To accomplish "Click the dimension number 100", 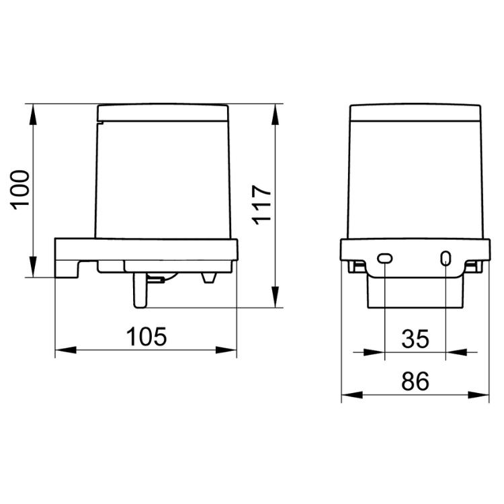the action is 20,190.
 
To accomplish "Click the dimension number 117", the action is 261,205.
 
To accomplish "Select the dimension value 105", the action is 146,337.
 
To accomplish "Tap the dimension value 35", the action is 415,339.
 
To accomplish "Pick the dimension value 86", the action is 415,381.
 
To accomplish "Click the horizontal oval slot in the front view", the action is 385,258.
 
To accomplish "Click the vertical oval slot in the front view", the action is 446,258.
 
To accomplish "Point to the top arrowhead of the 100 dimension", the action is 33,114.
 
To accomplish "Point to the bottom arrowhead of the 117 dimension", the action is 275,297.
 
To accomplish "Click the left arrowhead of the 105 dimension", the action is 66,350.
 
